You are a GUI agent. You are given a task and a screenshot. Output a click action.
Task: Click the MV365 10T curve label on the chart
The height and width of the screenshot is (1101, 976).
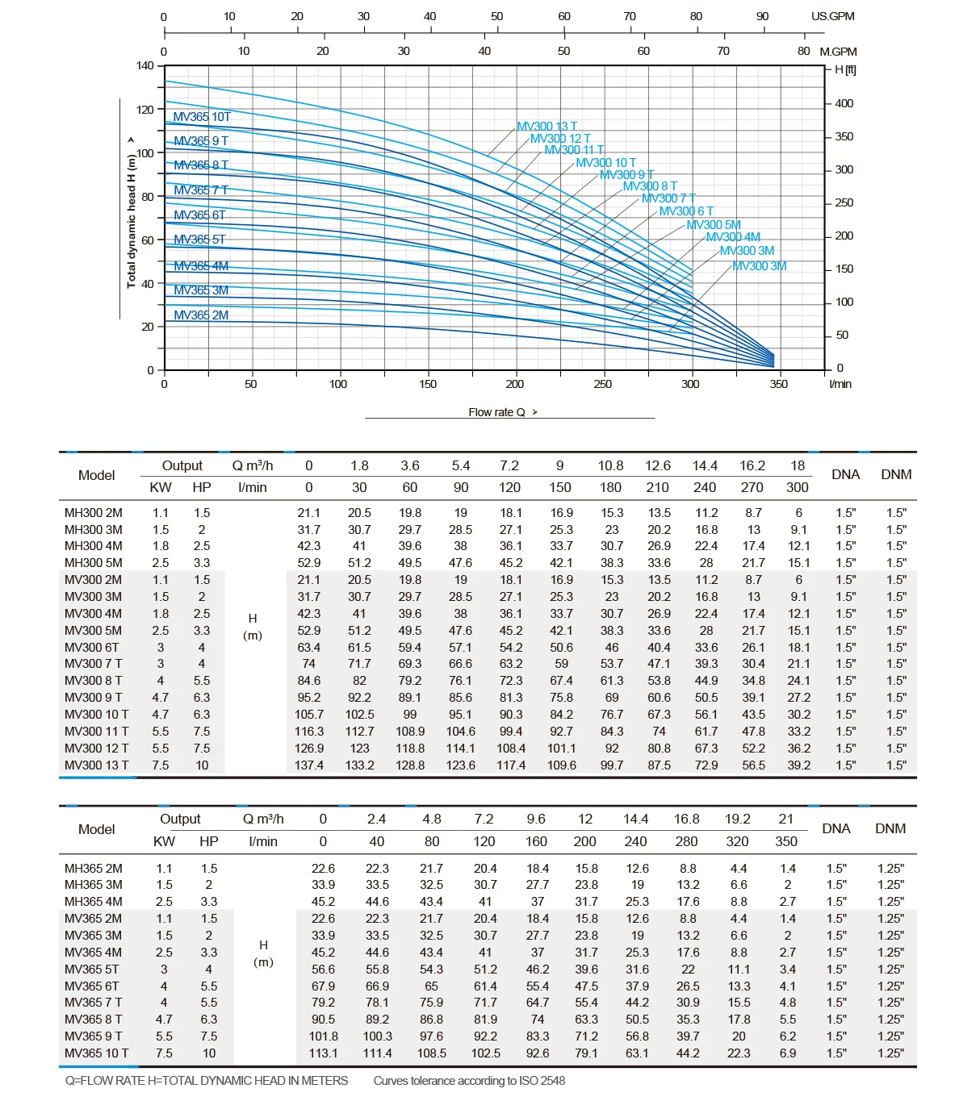pyautogui.click(x=202, y=117)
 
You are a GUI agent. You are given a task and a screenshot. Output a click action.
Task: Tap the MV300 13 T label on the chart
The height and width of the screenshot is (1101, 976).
pyautogui.click(x=547, y=127)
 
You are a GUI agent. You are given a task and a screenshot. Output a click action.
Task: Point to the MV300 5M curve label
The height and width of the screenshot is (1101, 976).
pyautogui.click(x=713, y=225)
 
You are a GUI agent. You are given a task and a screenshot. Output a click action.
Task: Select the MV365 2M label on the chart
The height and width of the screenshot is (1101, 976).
pyautogui.click(x=201, y=315)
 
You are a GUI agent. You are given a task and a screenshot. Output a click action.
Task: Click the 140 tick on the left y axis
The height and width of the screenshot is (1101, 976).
pyautogui.click(x=145, y=66)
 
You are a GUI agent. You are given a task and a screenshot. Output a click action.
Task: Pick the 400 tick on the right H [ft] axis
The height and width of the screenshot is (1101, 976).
pyautogui.click(x=844, y=103)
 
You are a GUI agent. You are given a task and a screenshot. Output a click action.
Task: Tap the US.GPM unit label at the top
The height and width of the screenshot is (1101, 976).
pyautogui.click(x=832, y=16)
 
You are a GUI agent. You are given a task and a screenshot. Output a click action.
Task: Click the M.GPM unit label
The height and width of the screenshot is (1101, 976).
pyautogui.click(x=838, y=52)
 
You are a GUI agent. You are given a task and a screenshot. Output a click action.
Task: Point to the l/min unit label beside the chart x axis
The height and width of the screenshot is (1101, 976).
pyautogui.click(x=840, y=384)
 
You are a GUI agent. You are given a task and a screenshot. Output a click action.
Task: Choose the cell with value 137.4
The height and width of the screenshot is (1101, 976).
pyautogui.click(x=309, y=765)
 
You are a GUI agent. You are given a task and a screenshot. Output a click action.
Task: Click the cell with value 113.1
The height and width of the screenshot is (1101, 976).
pyautogui.click(x=323, y=1053)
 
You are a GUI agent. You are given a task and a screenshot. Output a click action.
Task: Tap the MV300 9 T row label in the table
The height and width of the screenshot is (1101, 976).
pyautogui.click(x=94, y=698)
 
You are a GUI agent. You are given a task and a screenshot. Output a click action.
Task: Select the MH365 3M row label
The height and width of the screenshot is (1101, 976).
pyautogui.click(x=94, y=885)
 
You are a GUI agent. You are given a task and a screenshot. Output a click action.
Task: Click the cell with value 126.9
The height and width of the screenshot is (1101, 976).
pyautogui.click(x=309, y=748)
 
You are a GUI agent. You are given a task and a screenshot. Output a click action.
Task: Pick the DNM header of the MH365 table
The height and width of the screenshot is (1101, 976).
pyautogui.click(x=890, y=828)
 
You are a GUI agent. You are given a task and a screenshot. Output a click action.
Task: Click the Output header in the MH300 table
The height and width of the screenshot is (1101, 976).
pyautogui.click(x=182, y=465)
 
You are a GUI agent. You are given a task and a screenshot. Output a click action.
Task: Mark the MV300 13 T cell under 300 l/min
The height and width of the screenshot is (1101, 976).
pyautogui.click(x=798, y=765)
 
